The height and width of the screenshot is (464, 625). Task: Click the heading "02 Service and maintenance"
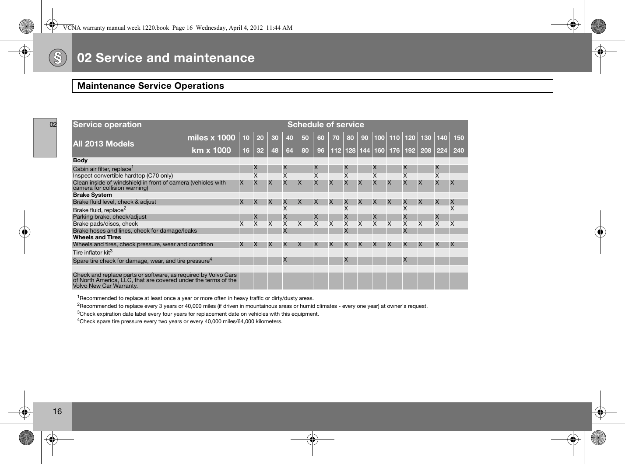point(166,58)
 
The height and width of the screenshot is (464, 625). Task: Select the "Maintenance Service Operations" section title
point(151,86)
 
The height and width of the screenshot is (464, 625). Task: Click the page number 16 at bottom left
point(57,411)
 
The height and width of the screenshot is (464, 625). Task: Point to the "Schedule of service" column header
point(325,125)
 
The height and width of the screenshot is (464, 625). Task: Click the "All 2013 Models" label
point(104,144)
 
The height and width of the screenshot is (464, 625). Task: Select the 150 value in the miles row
point(459,138)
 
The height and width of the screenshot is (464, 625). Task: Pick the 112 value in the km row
point(336,150)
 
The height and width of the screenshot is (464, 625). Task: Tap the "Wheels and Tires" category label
point(97,237)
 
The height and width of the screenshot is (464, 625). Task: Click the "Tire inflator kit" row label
point(93,253)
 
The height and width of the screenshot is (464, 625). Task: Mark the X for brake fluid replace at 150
point(453,209)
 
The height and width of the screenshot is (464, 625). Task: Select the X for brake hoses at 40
point(285,230)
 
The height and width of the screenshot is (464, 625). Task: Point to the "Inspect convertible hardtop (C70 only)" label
point(123,176)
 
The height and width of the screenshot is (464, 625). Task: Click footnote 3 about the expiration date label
point(198,314)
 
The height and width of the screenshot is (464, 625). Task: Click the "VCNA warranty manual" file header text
point(178,28)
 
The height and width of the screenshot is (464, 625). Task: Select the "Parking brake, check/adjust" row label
point(110,217)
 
